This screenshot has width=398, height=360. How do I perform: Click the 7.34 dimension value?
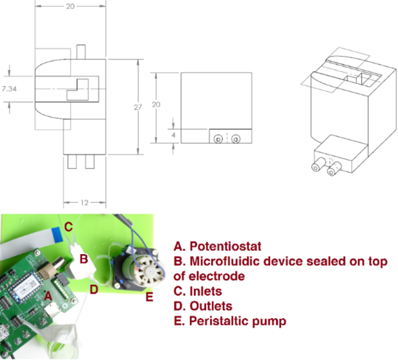tap(9, 89)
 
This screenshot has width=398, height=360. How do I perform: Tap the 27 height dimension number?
tap(138, 107)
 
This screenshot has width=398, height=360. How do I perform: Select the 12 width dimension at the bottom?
tap(85, 202)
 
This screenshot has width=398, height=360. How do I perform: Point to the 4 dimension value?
tap(173, 135)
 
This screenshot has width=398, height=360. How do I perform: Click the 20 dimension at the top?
tap(70, 6)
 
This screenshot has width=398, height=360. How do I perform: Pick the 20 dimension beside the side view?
tap(156, 104)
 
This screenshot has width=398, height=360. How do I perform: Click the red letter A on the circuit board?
tap(48, 296)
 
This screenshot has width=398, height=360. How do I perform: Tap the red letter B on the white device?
tap(84, 259)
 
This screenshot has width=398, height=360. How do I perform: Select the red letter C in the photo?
tap(68, 227)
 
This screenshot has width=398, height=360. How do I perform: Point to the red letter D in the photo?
tap(94, 290)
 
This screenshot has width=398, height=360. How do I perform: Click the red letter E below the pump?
tap(149, 297)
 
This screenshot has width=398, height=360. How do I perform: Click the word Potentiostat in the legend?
tap(225, 246)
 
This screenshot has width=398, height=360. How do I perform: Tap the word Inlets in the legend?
tap(206, 291)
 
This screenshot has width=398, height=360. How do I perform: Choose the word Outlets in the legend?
tap(211, 306)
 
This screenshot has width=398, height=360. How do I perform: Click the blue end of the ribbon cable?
tap(57, 235)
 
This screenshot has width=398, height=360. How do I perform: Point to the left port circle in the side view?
tap(218, 139)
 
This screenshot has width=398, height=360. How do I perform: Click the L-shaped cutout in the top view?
tap(78, 90)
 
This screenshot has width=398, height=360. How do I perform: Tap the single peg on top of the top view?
tap(81, 52)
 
